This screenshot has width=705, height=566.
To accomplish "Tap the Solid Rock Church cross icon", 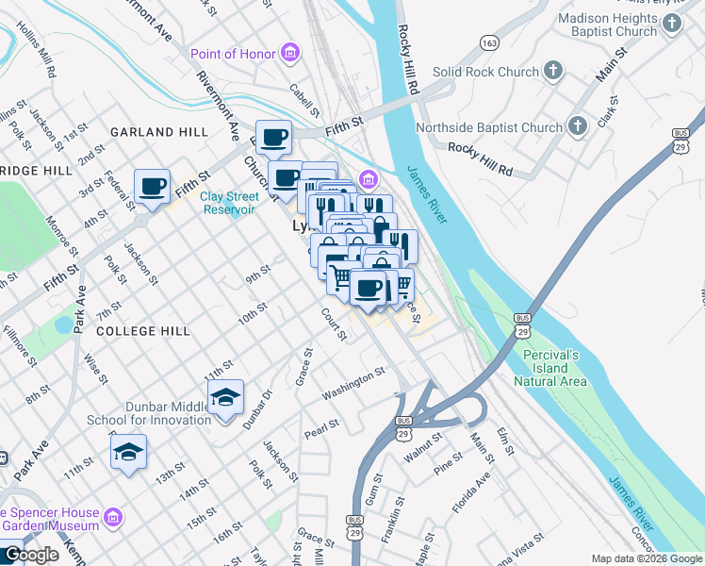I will pyautogui.click(x=553, y=72).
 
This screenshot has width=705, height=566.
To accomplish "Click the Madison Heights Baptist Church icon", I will pyautogui.click(x=671, y=25).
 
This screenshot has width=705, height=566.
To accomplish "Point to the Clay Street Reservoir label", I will pyautogui.click(x=229, y=203).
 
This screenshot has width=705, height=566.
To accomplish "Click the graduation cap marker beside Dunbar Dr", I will pyautogui.click(x=225, y=397).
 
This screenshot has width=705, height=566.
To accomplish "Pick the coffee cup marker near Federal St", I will pyautogui.click(x=152, y=186).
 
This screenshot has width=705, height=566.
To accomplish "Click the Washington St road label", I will pyautogui.click(x=353, y=383).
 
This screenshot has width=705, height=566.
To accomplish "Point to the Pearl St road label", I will pyautogui.click(x=320, y=429).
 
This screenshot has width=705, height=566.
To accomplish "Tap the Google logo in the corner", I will pyautogui.click(x=31, y=555).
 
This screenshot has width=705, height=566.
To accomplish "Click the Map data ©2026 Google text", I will pyautogui.click(x=646, y=558).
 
